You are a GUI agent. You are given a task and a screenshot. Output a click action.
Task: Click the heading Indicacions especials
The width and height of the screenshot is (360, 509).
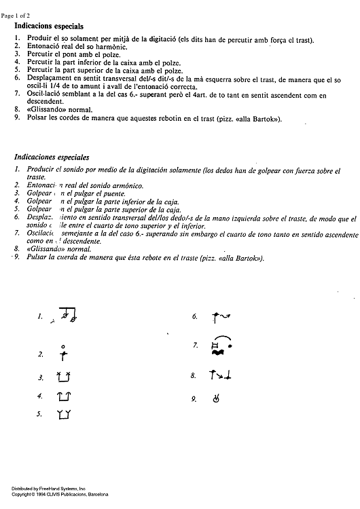coord(54,24)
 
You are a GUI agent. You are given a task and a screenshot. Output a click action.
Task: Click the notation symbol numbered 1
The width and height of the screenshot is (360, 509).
coord(67,316)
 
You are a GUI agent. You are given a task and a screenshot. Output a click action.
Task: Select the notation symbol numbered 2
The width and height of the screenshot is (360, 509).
coord(63,353)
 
